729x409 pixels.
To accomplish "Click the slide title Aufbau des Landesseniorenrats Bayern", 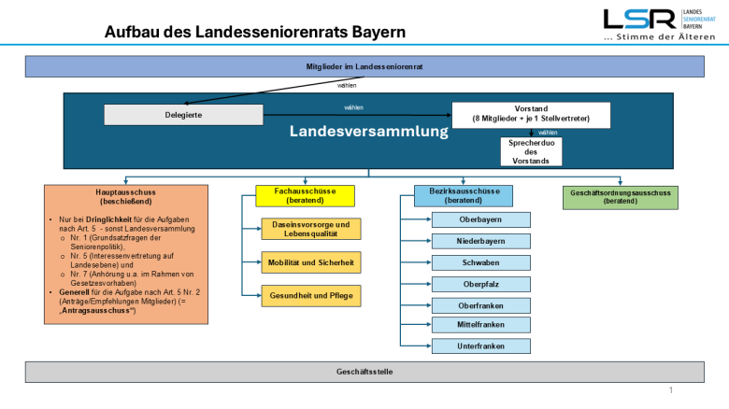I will (255, 32).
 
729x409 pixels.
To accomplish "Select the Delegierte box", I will (183, 114).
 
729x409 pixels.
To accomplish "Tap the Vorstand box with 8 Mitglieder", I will (531, 114).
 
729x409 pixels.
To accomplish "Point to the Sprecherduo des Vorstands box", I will (531, 151).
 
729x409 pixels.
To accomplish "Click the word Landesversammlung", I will (369, 133).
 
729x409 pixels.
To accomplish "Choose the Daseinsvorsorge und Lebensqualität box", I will (310, 229).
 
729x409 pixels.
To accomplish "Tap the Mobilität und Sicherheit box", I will (310, 262).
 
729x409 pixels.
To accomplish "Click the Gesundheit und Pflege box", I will (310, 296).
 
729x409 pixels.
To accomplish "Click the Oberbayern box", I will (481, 220).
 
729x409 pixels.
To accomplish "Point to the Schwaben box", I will (481, 262).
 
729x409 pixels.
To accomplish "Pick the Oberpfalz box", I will (481, 284).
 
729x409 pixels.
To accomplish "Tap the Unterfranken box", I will (481, 346).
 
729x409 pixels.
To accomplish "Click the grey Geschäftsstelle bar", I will (364, 372).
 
